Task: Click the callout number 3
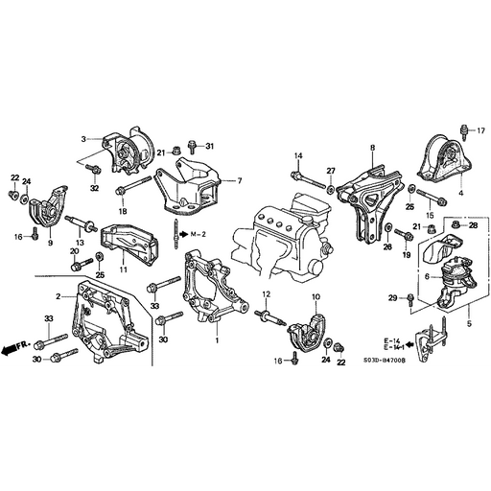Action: (x=83, y=139)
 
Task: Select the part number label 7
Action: (x=239, y=180)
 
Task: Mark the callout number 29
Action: (x=392, y=299)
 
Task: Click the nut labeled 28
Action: (x=457, y=226)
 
